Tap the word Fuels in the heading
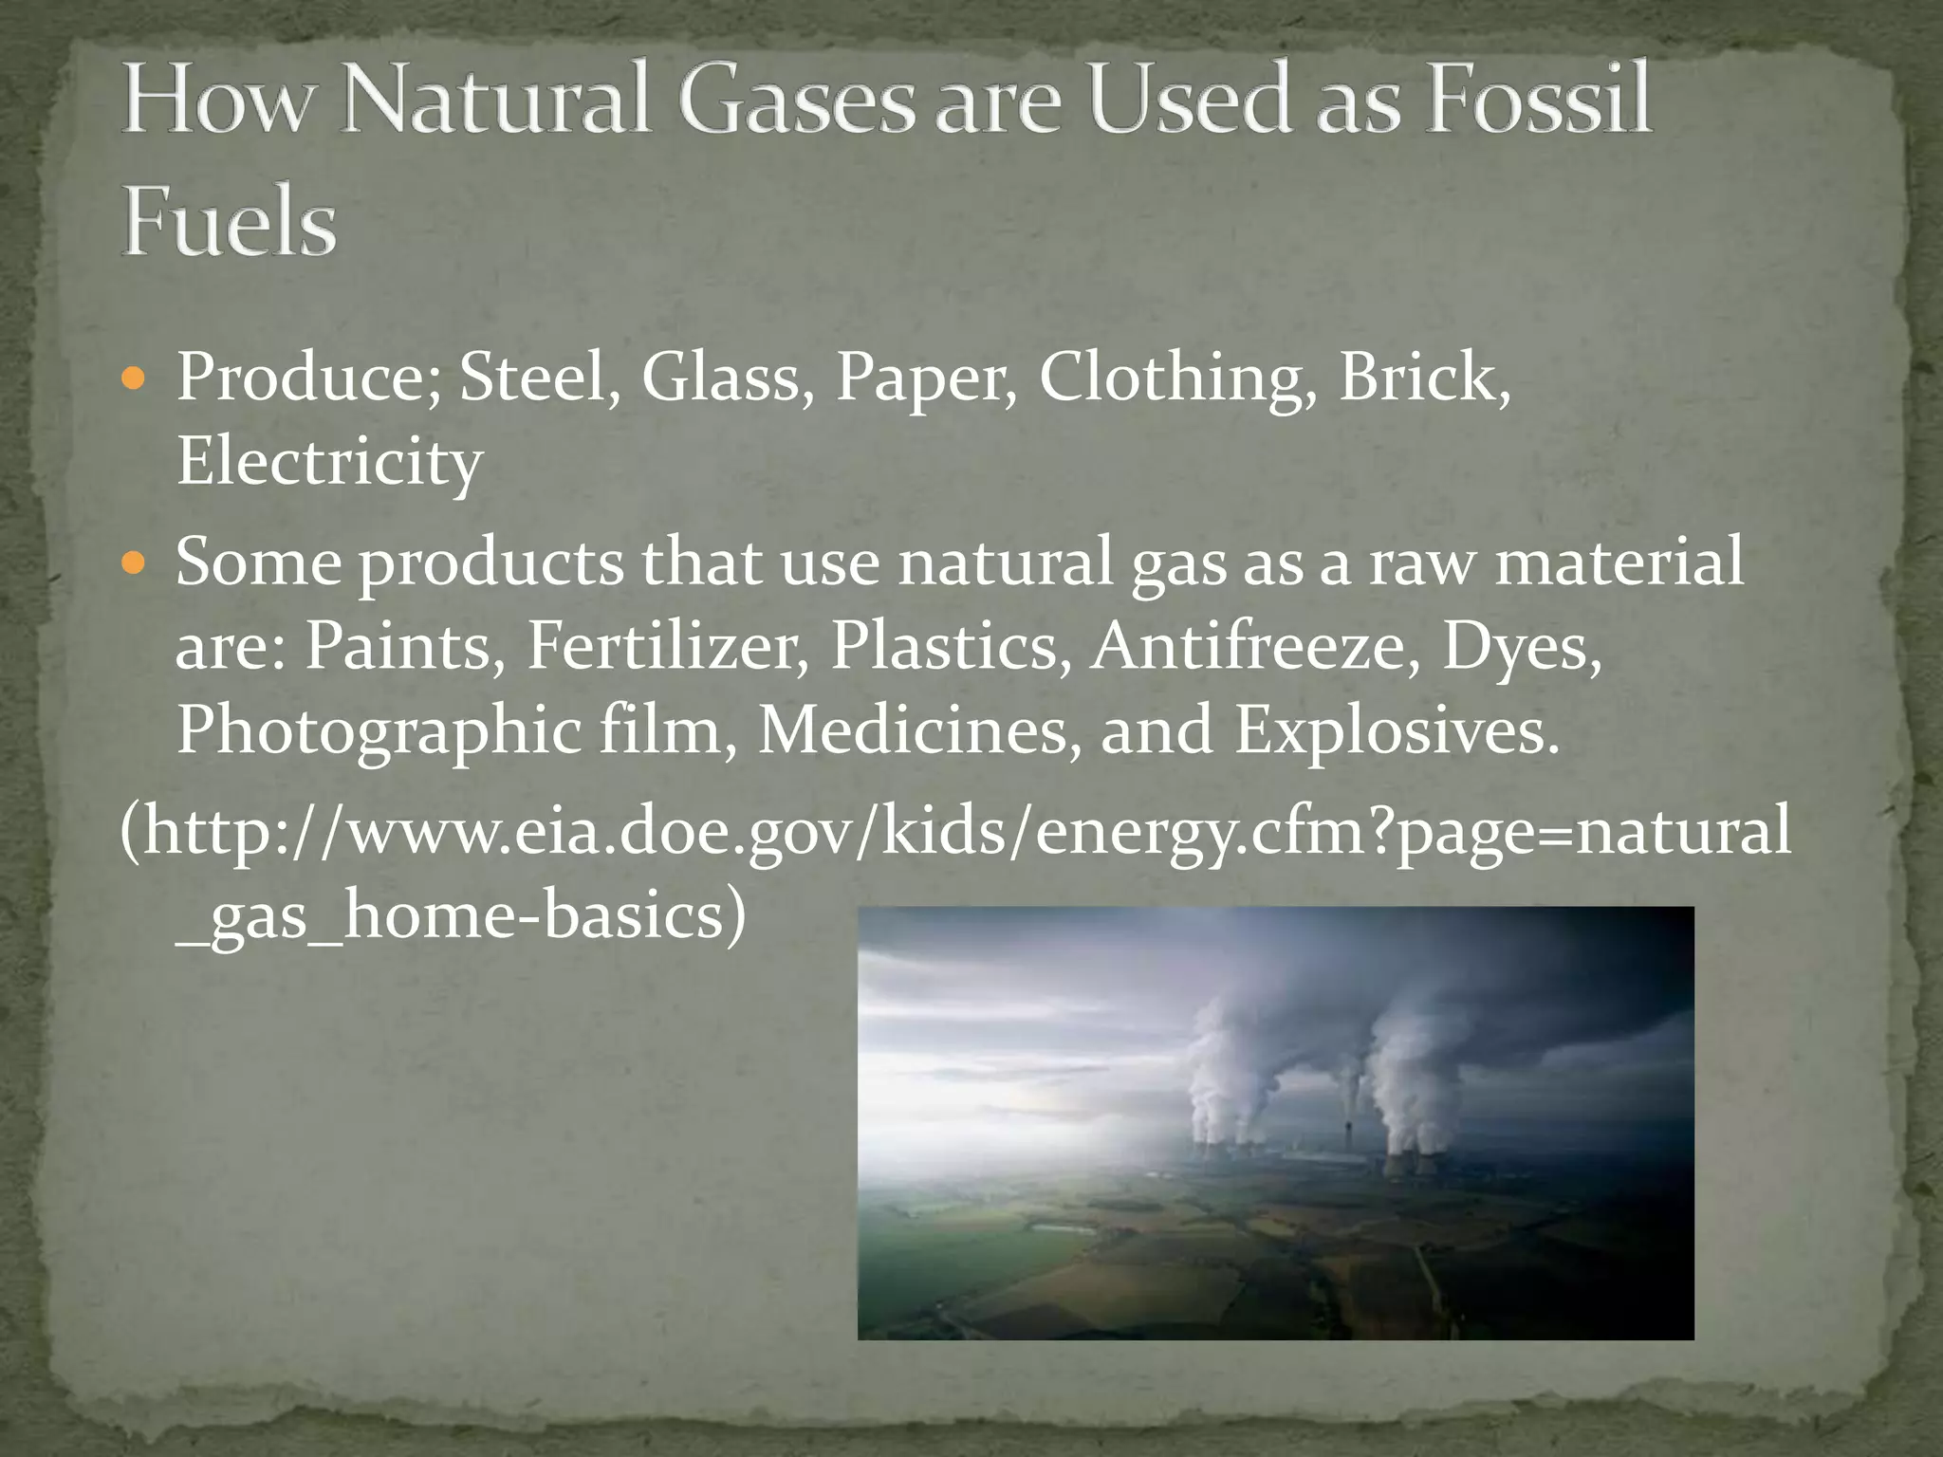pyautogui.click(x=230, y=223)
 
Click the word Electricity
pyautogui.click(x=329, y=463)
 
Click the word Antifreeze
pyautogui.click(x=1256, y=647)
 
